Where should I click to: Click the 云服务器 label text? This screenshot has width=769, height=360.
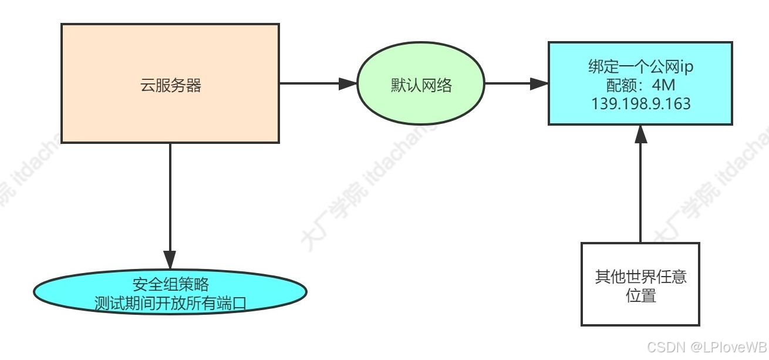point(170,86)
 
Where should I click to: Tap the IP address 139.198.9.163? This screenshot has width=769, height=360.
point(640,103)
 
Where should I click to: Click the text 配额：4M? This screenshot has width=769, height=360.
point(640,86)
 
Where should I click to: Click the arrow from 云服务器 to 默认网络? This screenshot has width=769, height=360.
point(311,83)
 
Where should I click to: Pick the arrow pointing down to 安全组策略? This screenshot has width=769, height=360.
point(170,200)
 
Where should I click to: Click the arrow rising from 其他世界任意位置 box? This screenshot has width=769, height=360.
point(640,188)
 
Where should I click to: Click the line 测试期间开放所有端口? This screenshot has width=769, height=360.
point(170,303)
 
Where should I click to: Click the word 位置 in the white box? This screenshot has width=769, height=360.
point(640,295)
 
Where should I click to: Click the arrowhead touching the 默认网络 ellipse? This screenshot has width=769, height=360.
point(349,83)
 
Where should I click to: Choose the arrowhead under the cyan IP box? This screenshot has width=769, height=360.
point(640,134)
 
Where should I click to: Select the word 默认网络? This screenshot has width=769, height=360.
point(421,86)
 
